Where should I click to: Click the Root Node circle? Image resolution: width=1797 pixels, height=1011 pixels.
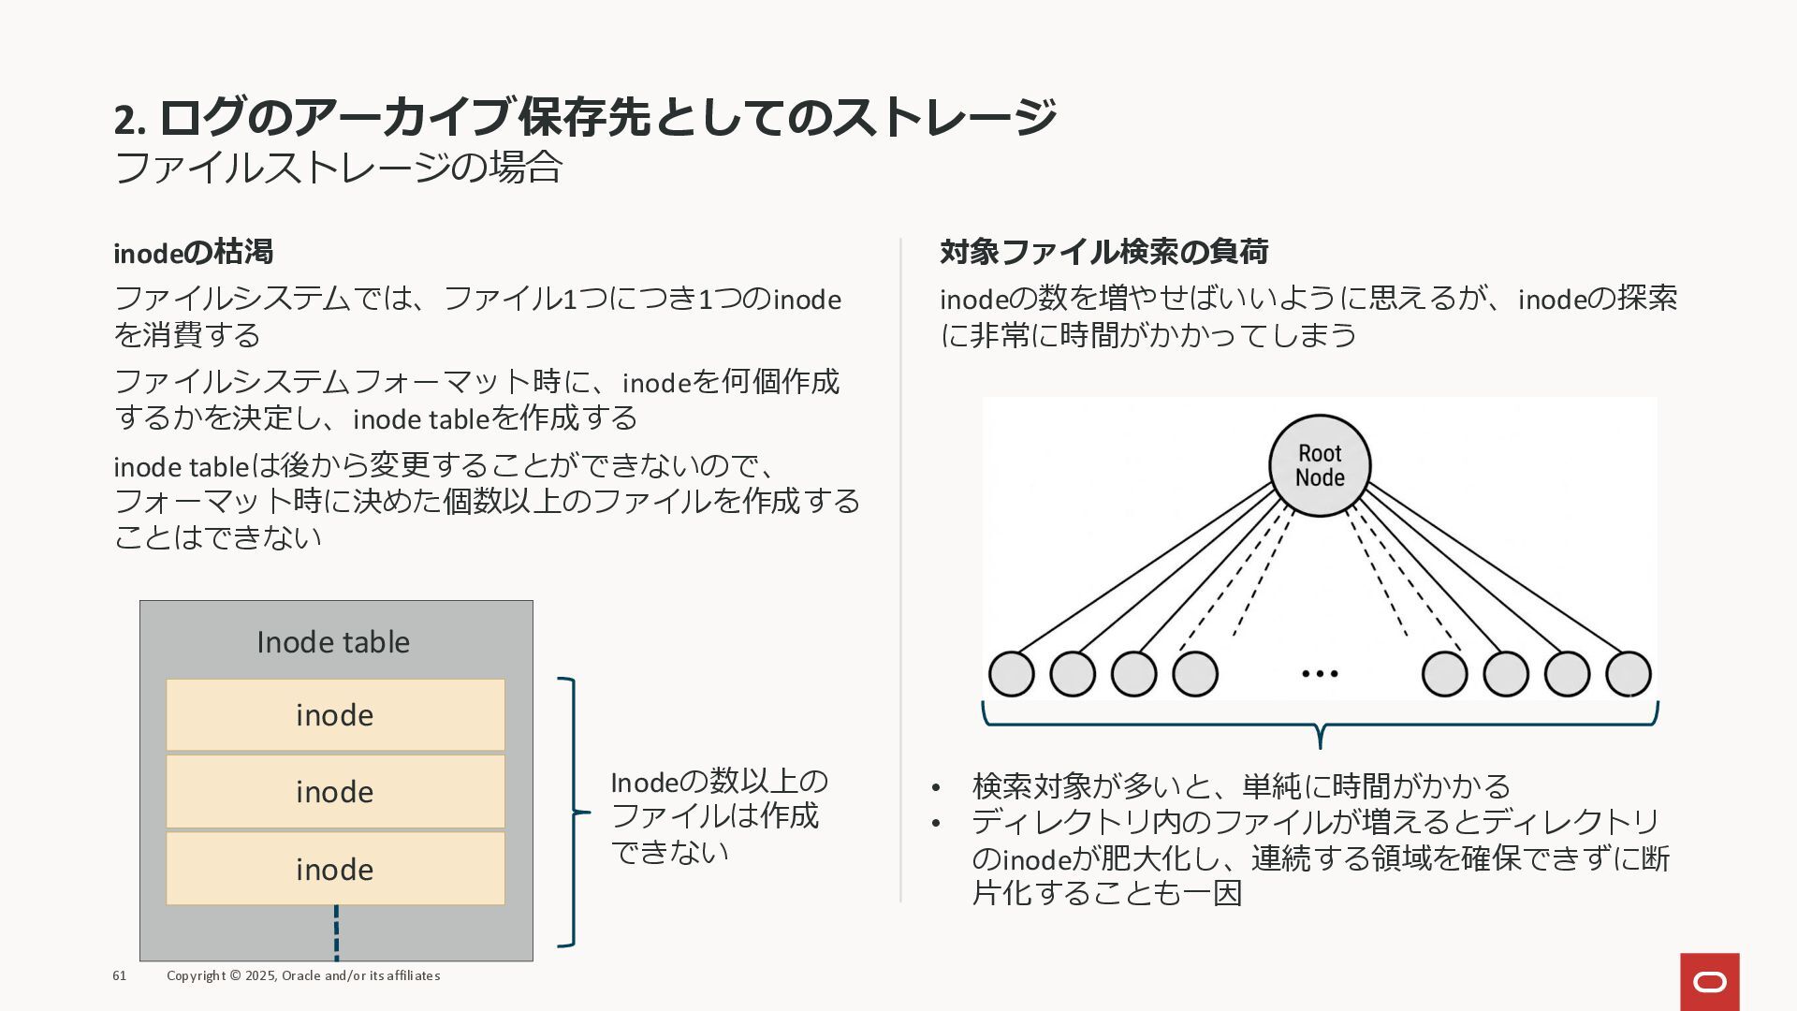click(1320, 465)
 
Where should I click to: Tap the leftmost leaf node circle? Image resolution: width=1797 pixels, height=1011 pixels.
click(1012, 674)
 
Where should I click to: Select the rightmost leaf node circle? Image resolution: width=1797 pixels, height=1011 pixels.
click(1629, 674)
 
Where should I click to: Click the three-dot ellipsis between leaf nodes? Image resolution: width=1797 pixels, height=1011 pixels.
click(1320, 673)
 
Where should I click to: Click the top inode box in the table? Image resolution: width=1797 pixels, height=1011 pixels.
click(335, 715)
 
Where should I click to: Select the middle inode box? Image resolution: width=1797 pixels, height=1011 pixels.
click(335, 792)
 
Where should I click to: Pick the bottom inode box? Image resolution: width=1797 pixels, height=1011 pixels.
click(335, 869)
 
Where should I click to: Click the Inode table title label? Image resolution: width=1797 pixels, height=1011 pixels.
click(333, 642)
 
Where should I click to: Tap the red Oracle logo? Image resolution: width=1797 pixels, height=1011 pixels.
click(1709, 982)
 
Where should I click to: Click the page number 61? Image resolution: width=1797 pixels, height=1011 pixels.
click(120, 975)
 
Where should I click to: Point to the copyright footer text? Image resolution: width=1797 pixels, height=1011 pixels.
click(303, 975)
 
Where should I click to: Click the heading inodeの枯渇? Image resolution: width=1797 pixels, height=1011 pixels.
click(194, 252)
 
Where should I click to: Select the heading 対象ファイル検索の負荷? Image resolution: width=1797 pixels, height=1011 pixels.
click(1103, 252)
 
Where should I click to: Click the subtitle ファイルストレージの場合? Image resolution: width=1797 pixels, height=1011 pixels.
click(338, 168)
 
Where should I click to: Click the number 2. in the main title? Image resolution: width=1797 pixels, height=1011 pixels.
click(130, 119)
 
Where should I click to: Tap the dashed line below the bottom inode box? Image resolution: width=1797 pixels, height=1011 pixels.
click(336, 932)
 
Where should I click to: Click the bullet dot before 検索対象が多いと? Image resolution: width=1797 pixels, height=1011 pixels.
click(936, 787)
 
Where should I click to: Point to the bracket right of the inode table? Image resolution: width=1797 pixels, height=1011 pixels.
click(572, 812)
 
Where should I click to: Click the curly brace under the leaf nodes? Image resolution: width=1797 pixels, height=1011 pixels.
click(1320, 725)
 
